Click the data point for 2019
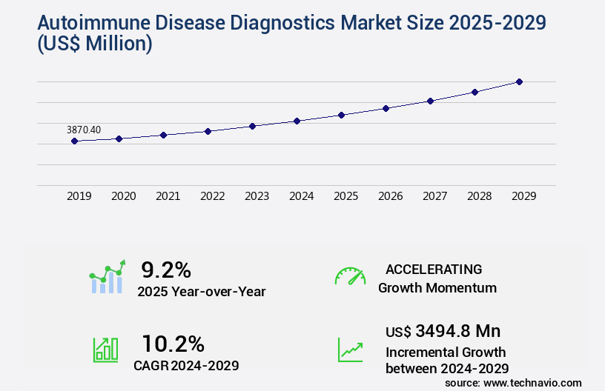click(x=75, y=141)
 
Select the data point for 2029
click(x=519, y=81)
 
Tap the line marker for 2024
click(x=297, y=121)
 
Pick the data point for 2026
click(x=386, y=108)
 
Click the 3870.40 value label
click(x=84, y=130)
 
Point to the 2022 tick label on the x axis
click(x=213, y=196)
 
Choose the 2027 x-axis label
click(x=435, y=196)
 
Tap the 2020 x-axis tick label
click(x=124, y=196)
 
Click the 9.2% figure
click(x=166, y=269)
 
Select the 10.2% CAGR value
click(x=173, y=344)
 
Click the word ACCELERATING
click(x=434, y=269)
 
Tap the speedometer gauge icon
click(x=350, y=276)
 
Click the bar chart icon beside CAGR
click(x=105, y=350)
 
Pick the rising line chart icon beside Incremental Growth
click(x=350, y=350)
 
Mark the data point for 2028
click(x=475, y=92)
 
